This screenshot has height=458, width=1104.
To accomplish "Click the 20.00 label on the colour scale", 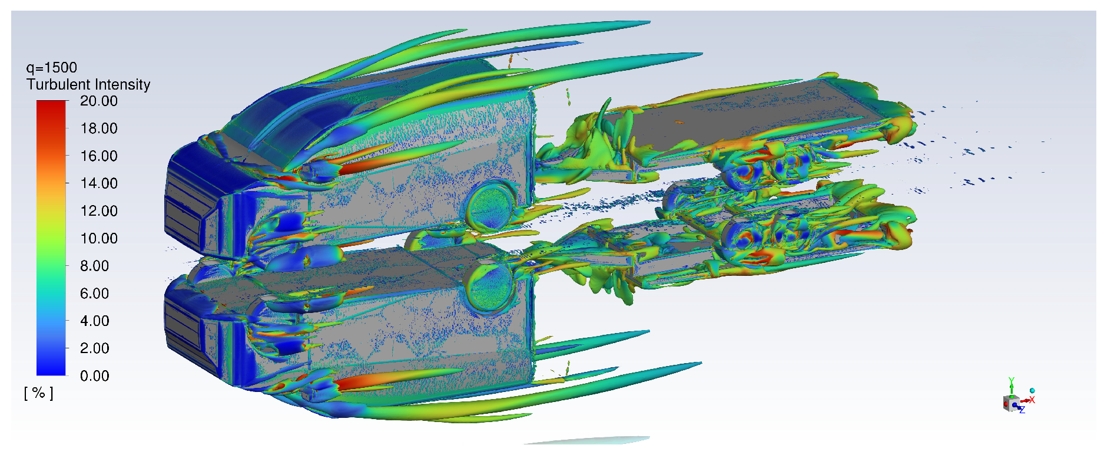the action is click(99, 101).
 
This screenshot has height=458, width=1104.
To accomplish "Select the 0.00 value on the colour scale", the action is click(94, 376).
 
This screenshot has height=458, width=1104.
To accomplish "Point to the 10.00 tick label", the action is click(99, 239).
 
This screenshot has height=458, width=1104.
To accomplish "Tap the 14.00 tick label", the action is click(99, 183).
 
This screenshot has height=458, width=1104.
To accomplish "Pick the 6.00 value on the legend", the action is click(94, 294).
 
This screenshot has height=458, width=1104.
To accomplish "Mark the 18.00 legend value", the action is click(99, 128).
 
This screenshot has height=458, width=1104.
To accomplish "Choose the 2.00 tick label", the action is click(94, 348).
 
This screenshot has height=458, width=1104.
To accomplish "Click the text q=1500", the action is click(52, 68).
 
